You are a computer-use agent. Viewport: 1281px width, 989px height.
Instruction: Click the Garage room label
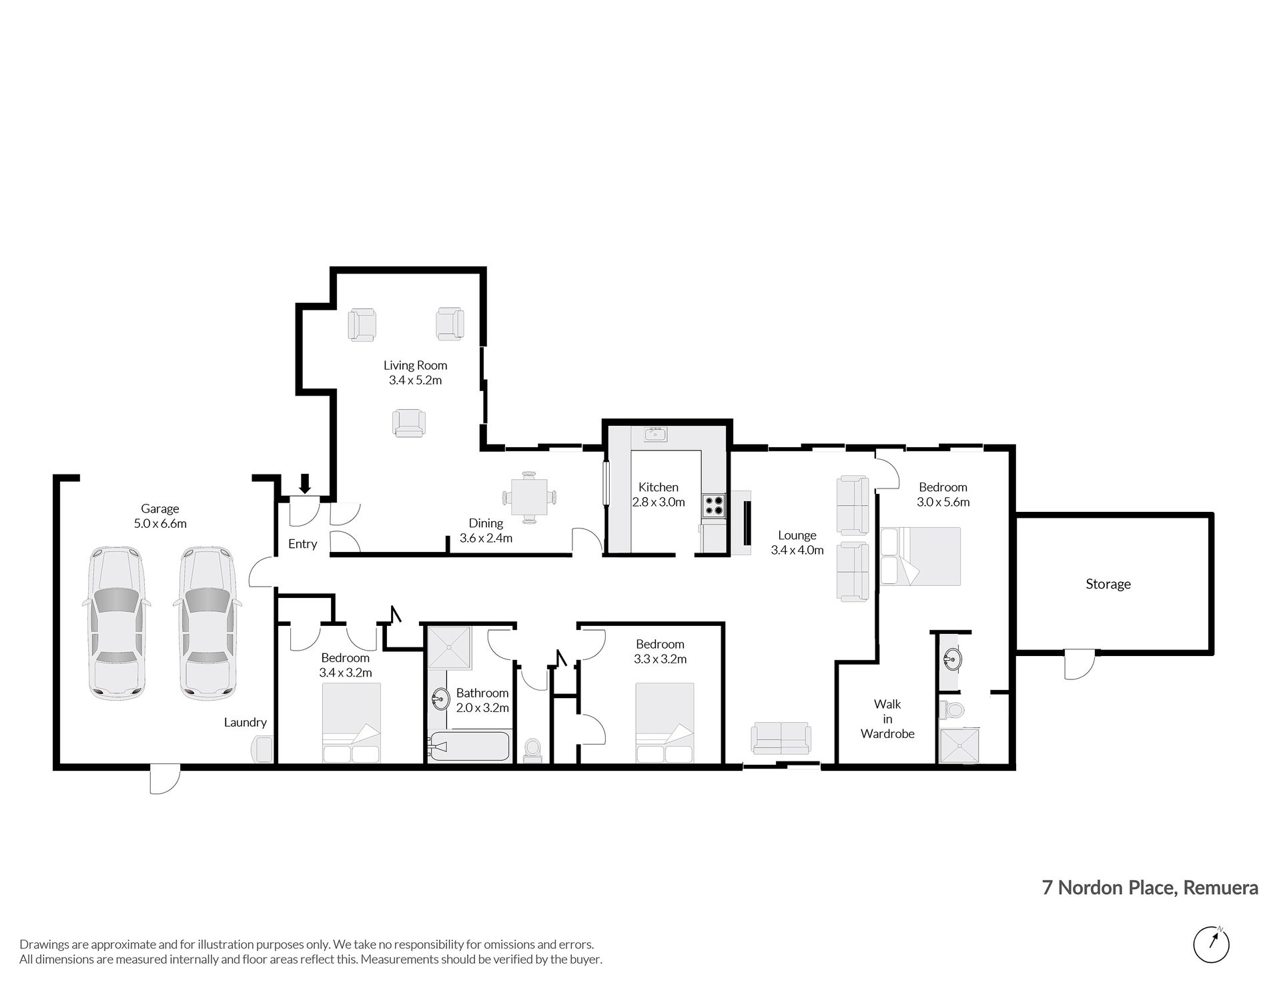coord(160,509)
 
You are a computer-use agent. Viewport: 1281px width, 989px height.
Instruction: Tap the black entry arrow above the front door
coord(306,483)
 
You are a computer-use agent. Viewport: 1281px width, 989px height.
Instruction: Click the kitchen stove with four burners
coord(713,505)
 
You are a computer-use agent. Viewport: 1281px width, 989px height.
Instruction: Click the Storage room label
coord(1108,584)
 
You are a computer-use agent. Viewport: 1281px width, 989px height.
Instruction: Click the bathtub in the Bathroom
coord(470,747)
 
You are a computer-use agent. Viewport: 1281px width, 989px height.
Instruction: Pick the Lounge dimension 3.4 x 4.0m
coord(797,551)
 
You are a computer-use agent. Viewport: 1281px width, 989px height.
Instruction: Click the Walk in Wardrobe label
coord(887,719)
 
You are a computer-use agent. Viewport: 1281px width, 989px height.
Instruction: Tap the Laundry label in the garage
coord(246,722)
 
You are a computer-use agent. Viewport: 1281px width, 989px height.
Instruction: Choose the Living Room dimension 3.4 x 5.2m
coord(415,380)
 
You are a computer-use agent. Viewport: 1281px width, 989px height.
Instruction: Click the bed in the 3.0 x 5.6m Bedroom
coord(921,557)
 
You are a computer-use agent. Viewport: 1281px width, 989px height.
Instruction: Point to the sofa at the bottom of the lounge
coord(781,737)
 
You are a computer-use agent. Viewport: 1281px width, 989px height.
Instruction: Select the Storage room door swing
coord(1079,664)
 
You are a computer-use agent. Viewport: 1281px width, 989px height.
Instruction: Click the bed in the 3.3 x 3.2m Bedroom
coord(665,723)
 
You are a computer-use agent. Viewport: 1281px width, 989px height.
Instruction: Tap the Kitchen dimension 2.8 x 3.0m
coord(659,502)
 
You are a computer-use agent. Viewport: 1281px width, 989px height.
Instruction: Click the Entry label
coord(302,544)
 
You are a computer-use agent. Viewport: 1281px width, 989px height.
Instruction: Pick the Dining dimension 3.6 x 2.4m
coord(486,538)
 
